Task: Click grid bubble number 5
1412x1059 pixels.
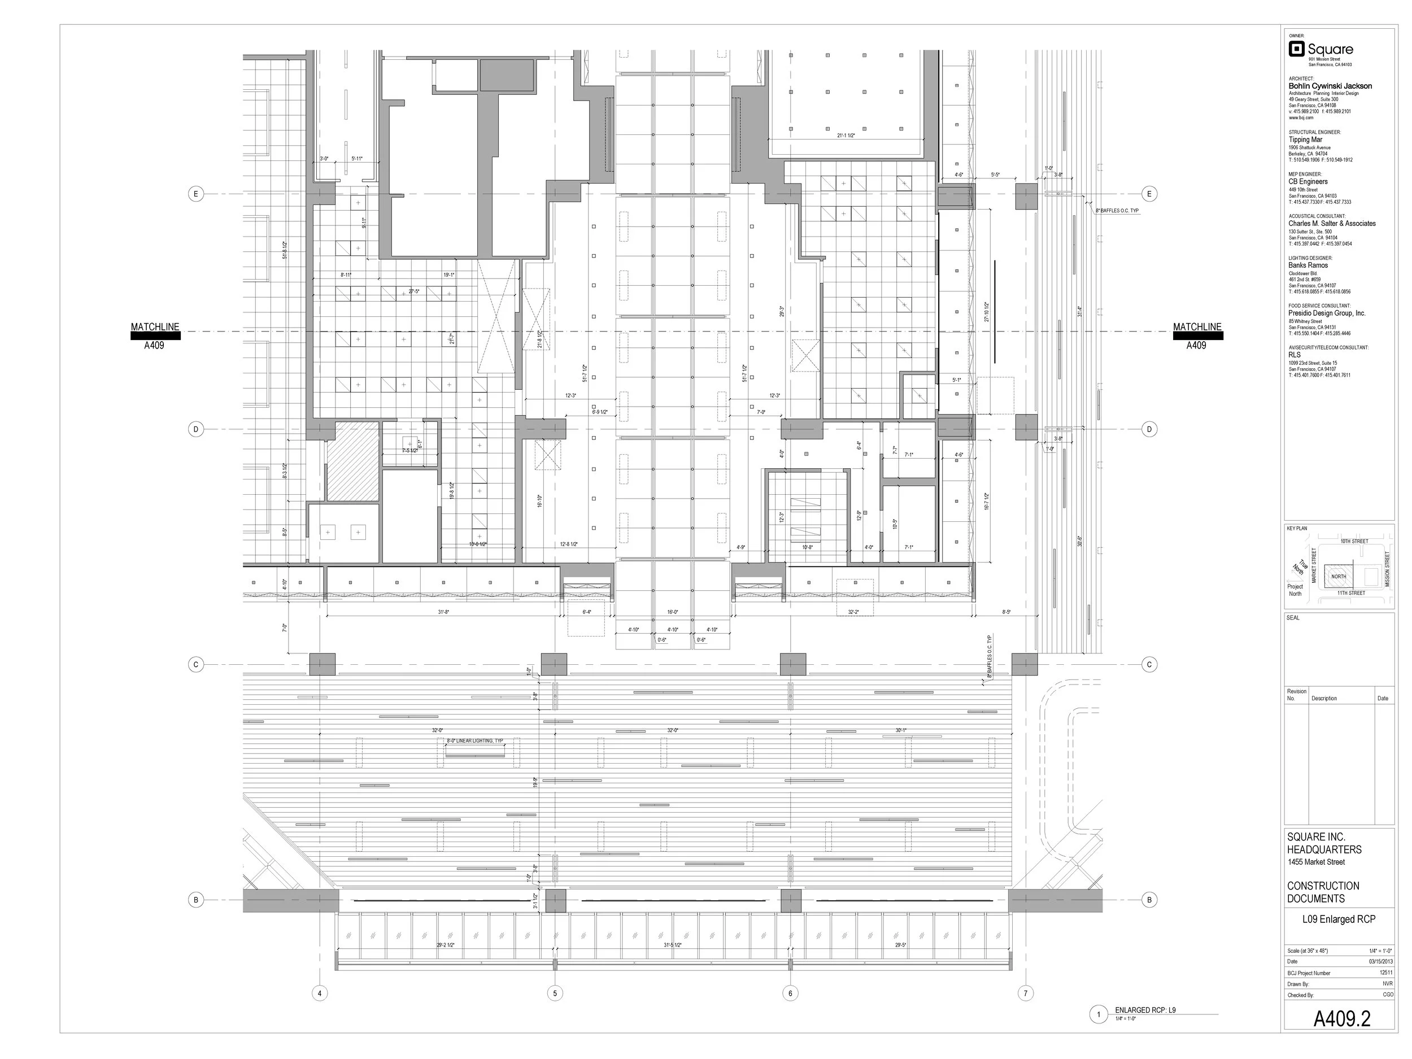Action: point(555,993)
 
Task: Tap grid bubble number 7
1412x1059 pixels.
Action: point(1025,993)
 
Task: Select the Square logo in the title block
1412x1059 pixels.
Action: point(1320,49)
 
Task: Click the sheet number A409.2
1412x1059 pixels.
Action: point(1342,1019)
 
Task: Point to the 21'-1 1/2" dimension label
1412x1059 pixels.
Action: point(846,136)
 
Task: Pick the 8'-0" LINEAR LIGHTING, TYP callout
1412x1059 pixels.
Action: point(474,740)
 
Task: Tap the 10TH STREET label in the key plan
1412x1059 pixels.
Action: point(1354,541)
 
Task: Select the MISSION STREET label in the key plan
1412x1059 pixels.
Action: point(1387,570)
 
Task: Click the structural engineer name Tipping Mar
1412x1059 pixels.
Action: point(1305,140)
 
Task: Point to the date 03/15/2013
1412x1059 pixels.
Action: point(1380,961)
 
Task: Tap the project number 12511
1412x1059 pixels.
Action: point(1386,973)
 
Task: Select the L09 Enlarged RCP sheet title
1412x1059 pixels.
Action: point(1339,919)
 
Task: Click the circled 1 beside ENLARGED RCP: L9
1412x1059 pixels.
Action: point(1099,1014)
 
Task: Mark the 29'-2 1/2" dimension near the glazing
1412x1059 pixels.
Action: point(446,945)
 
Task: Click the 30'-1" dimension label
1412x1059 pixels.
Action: point(901,730)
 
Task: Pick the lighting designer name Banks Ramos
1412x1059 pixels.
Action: point(1308,265)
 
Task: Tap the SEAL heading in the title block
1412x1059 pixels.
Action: point(1293,618)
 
